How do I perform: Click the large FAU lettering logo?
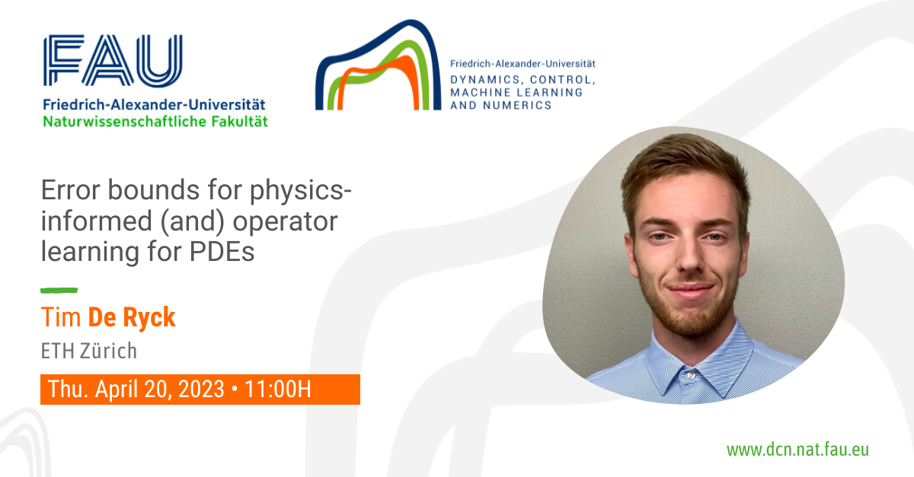[113, 60]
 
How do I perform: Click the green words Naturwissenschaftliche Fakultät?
[155, 122]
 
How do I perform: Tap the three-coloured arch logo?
[379, 65]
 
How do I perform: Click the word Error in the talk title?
[71, 190]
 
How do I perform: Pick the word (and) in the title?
[193, 222]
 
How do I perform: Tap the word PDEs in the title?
[222, 252]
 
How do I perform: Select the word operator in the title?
[285, 222]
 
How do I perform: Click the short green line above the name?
[59, 291]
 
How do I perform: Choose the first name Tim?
[61, 317]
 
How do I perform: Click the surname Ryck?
[149, 317]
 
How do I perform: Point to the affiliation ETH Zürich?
[89, 351]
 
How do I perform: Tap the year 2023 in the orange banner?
[201, 389]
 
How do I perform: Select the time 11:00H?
[278, 389]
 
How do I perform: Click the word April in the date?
[117, 390]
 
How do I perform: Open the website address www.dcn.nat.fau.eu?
[797, 450]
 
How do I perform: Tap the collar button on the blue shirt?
[690, 375]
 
